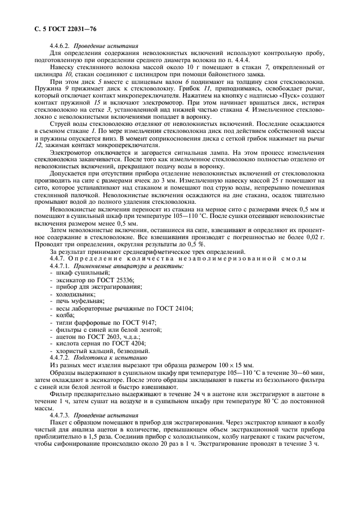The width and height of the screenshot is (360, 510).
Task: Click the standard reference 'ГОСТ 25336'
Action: pos(115,279)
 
